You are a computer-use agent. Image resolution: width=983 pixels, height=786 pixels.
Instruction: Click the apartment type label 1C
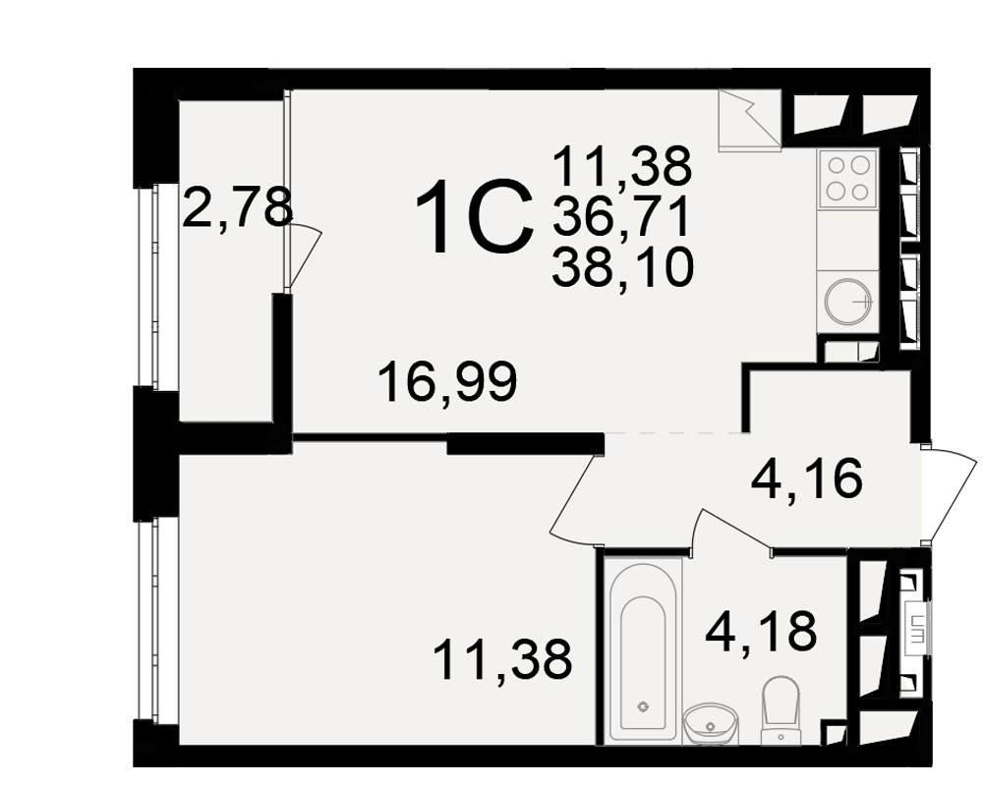tap(474, 216)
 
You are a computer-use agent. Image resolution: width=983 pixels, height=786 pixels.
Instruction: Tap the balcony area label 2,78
tap(238, 207)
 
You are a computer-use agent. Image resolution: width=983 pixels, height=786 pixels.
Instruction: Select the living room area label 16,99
tap(448, 382)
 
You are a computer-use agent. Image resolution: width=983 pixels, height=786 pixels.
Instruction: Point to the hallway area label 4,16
tap(807, 477)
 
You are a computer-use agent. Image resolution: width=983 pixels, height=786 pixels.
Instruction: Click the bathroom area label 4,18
tap(761, 631)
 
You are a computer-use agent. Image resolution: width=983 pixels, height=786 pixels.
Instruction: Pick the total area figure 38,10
tap(622, 266)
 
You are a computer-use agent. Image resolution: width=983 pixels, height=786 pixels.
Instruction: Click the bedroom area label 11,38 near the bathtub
tap(502, 659)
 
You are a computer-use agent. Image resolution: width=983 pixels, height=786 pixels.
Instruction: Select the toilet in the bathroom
tap(781, 709)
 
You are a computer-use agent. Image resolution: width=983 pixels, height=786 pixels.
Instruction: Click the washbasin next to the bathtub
tap(712, 724)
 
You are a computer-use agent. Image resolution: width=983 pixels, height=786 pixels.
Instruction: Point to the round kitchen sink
tap(847, 302)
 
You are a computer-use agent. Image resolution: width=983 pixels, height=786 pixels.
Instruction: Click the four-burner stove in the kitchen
tap(847, 178)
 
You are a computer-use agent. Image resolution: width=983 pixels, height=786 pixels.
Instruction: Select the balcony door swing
tap(305, 257)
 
